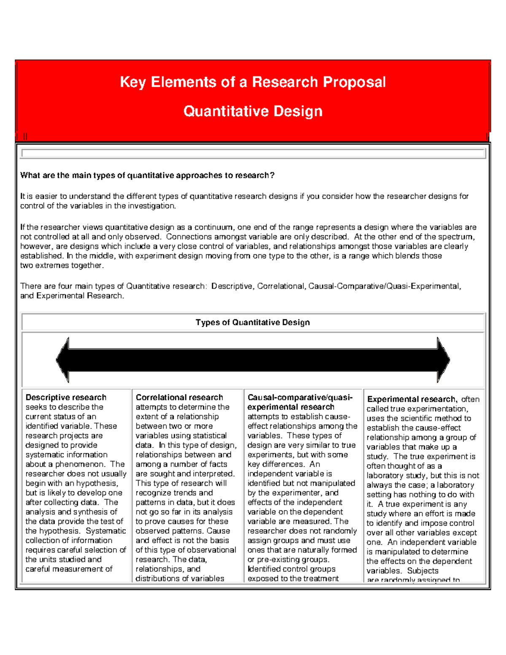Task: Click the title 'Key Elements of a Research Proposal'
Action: pyautogui.click(x=253, y=82)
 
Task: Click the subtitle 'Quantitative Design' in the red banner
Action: pyautogui.click(x=253, y=111)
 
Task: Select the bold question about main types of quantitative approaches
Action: pyautogui.click(x=147, y=175)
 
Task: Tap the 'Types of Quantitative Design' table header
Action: pyautogui.click(x=253, y=323)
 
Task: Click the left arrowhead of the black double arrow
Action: pyautogui.click(x=63, y=360)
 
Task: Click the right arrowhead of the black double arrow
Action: pyautogui.click(x=443, y=360)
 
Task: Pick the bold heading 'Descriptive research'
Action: pyautogui.click(x=66, y=397)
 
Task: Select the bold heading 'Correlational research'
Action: pyautogui.click(x=179, y=397)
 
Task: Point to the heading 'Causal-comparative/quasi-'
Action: pyautogui.click(x=300, y=397)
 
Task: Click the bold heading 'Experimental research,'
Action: pyautogui.click(x=412, y=399)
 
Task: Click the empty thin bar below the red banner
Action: pyautogui.click(x=253, y=154)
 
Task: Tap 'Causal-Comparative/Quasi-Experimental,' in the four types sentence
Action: pyautogui.click(x=385, y=286)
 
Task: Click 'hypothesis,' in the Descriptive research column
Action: pyautogui.click(x=98, y=483)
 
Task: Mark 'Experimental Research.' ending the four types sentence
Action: pyautogui.click(x=80, y=296)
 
